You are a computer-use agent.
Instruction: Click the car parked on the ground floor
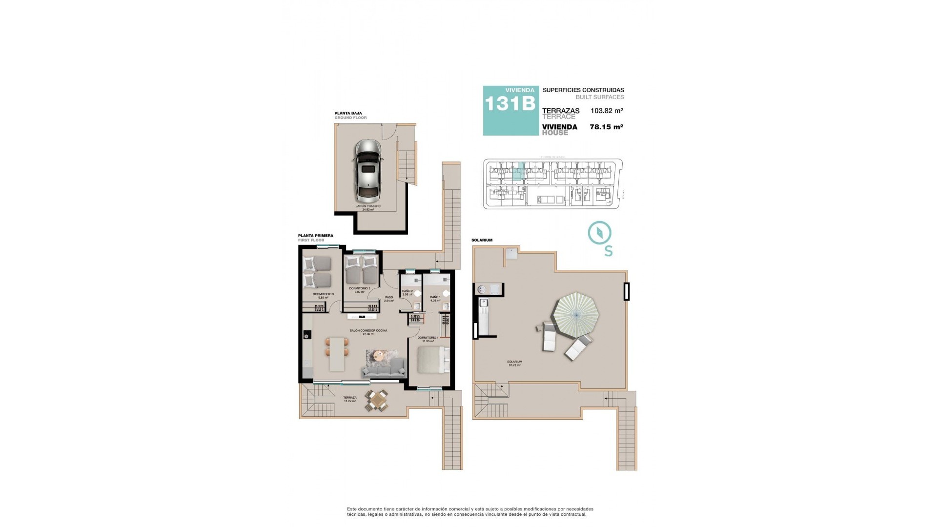pos(367,171)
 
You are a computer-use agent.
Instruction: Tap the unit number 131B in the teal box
pos(509,104)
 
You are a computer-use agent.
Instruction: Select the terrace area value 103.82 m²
pos(607,111)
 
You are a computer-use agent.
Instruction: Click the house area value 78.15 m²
pos(607,127)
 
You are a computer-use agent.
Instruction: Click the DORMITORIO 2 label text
pos(360,289)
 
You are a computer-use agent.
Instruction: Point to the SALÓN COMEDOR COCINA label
pos(368,331)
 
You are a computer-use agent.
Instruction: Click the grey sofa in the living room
pos(384,369)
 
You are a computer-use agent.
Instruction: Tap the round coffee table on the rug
pos(378,357)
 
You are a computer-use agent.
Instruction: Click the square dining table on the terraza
pos(378,401)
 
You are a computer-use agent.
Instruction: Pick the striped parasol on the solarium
pos(575,313)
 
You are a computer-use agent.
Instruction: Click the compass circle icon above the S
pos(599,233)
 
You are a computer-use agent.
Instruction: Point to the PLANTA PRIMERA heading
pos(316,236)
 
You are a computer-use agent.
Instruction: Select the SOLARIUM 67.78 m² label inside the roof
pos(515,363)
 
